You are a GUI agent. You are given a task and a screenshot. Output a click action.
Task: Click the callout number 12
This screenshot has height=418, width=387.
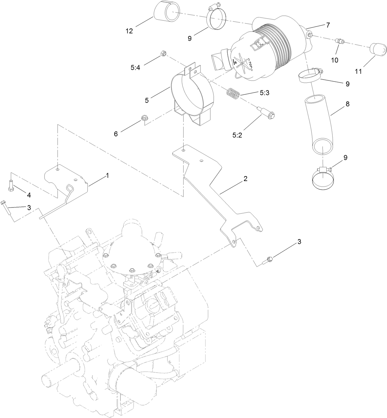click(x=129, y=31)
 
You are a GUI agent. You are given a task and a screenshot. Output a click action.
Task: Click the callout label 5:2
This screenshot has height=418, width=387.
click(x=237, y=135)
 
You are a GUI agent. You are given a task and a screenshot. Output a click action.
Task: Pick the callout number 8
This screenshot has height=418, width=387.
click(x=347, y=104)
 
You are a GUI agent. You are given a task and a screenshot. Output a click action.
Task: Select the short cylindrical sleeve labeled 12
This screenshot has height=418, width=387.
click(x=166, y=11)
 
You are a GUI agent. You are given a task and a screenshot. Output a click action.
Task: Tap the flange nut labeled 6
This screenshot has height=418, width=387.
click(x=143, y=118)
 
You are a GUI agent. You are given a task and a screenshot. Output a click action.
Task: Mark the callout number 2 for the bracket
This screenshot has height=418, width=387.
click(x=245, y=179)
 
